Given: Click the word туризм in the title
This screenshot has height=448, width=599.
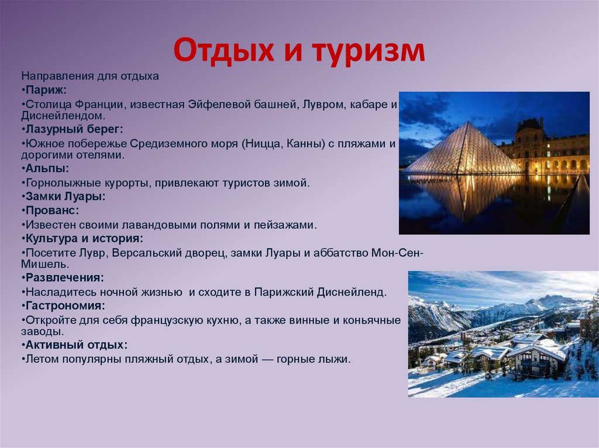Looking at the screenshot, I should (370, 51).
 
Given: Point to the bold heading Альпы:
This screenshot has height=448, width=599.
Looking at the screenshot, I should (47, 169).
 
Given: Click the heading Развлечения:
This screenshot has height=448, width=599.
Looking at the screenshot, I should (65, 277).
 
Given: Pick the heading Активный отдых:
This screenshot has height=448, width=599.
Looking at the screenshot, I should (76, 345).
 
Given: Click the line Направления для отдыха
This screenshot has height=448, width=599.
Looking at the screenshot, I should (90, 76).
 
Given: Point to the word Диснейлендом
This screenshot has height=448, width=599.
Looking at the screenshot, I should (63, 116).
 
